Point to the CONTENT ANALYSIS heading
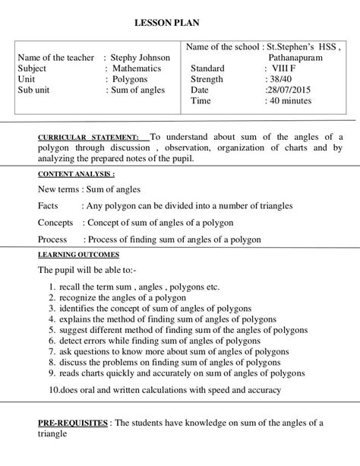click(71, 174)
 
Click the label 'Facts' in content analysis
click(49, 206)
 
